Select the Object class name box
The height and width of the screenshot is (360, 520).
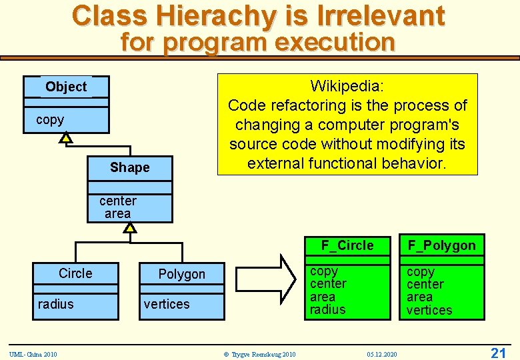pyautogui.click(x=66, y=87)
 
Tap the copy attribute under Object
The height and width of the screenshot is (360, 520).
pyautogui.click(x=50, y=120)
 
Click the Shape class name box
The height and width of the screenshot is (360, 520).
pyautogui.click(x=129, y=167)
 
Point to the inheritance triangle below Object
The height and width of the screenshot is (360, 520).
pyautogui.click(x=65, y=138)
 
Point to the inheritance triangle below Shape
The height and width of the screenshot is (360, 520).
pyautogui.click(x=130, y=227)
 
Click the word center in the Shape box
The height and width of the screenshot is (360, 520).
pyautogui.click(x=118, y=201)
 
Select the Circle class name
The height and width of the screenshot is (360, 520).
pyautogui.click(x=75, y=273)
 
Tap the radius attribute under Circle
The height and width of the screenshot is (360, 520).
pyautogui.click(x=56, y=304)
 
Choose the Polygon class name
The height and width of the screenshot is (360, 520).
pyautogui.click(x=181, y=274)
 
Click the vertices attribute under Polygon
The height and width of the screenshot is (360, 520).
pyautogui.click(x=167, y=304)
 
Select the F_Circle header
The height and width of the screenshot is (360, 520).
pyautogui.click(x=347, y=245)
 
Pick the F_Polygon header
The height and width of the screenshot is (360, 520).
pyautogui.click(x=442, y=245)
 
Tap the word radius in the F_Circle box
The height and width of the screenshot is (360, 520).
pyautogui.click(x=328, y=309)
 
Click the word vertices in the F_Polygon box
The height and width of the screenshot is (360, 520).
pyautogui.click(x=429, y=310)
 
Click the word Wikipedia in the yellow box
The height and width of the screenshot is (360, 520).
pyautogui.click(x=347, y=86)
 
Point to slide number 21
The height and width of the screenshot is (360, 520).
pyautogui.click(x=498, y=353)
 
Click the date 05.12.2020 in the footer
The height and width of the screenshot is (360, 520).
pyautogui.click(x=381, y=354)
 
